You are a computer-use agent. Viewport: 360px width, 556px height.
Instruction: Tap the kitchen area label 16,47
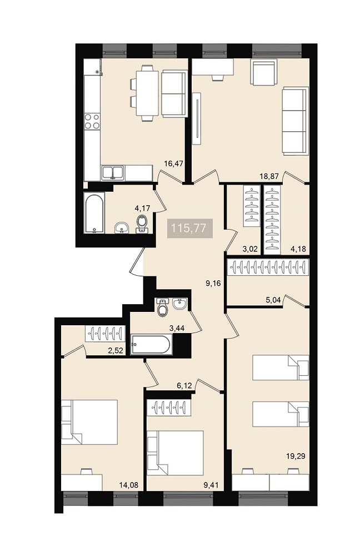click(173, 163)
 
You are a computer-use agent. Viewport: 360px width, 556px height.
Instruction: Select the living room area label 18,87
click(269, 176)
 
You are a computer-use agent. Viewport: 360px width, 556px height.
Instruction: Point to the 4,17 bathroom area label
click(142, 208)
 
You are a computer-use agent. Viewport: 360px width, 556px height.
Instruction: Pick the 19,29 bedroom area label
click(296, 456)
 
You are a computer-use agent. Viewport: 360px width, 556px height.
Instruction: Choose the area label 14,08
click(129, 485)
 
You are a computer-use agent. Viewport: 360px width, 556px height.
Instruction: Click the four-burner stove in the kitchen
click(92, 121)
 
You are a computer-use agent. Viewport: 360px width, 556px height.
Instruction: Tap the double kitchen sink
click(113, 173)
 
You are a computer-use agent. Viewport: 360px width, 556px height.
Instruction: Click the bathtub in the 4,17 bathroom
click(94, 213)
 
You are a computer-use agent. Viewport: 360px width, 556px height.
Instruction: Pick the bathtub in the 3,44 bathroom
click(151, 344)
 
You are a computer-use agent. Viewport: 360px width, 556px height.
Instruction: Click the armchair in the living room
click(263, 72)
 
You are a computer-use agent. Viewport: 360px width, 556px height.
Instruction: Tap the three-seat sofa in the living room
click(294, 121)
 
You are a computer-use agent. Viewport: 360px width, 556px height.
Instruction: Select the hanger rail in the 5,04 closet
click(268, 267)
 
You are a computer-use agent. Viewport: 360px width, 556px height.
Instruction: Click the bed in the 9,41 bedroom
click(176, 453)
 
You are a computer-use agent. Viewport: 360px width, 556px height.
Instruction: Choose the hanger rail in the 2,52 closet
click(105, 333)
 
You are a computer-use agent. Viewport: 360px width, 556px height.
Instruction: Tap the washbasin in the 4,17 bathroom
click(122, 228)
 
